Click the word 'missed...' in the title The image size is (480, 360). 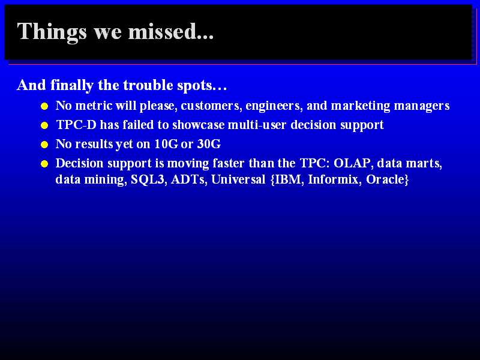point(171,31)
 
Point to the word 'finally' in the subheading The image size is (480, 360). point(72,85)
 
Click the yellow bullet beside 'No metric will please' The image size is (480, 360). point(44,106)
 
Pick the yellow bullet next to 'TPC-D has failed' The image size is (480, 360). point(44,125)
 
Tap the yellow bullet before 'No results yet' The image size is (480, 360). point(44,145)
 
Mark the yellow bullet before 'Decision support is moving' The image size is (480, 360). point(44,164)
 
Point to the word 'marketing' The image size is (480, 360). point(361,106)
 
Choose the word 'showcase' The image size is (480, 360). point(199,125)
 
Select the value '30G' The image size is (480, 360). point(209,144)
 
